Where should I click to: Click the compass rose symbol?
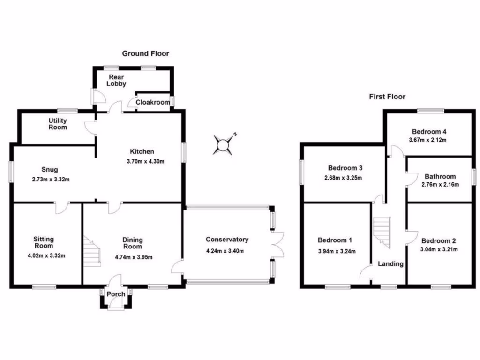[224, 144]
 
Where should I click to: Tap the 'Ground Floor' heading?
[145, 53]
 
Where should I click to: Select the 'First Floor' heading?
[387, 97]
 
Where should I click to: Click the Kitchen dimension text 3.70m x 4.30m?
[146, 161]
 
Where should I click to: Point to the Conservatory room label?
[227, 240]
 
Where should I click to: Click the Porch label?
[116, 294]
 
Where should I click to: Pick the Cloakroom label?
[152, 102]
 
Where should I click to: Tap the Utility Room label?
[57, 124]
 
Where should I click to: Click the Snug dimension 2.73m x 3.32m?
[51, 179]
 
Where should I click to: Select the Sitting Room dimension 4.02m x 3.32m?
[46, 255]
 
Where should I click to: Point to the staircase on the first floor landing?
[382, 231]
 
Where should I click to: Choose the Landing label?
[390, 264]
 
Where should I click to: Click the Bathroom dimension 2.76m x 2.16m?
[440, 185]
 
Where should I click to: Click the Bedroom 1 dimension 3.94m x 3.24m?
[337, 251]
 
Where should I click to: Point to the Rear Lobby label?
[117, 80]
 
